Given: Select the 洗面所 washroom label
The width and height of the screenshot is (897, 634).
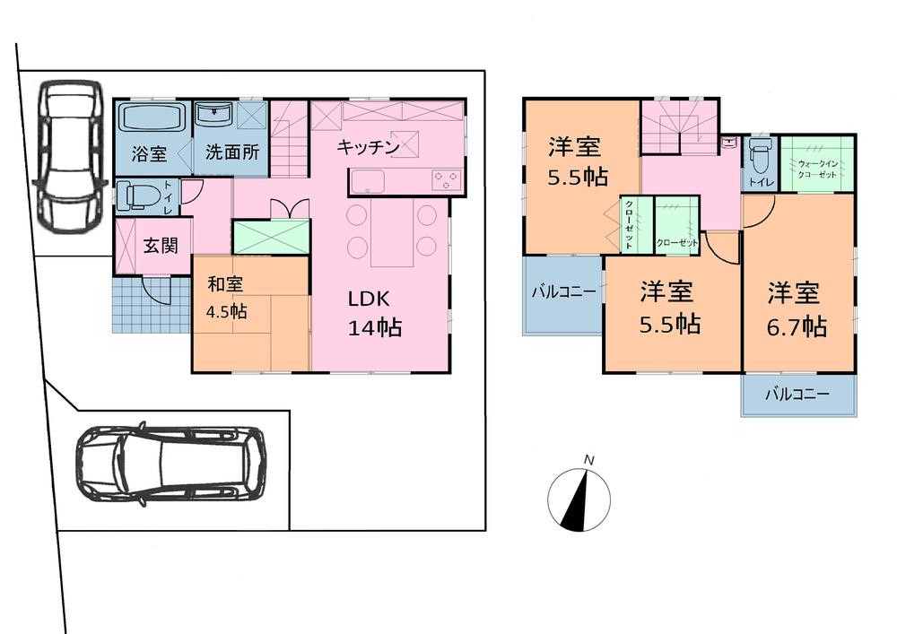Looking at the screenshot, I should (231, 152).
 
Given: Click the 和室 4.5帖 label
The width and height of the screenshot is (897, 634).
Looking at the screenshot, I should (227, 299).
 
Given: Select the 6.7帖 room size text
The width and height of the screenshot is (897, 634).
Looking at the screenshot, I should (796, 326).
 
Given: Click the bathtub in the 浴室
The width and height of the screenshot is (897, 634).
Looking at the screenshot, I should (152, 117).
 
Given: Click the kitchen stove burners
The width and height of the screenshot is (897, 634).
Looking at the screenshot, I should (446, 179).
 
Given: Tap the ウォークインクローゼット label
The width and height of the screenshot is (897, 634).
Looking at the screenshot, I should (816, 169).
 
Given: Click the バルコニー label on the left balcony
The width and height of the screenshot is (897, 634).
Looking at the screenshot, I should (562, 291).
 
